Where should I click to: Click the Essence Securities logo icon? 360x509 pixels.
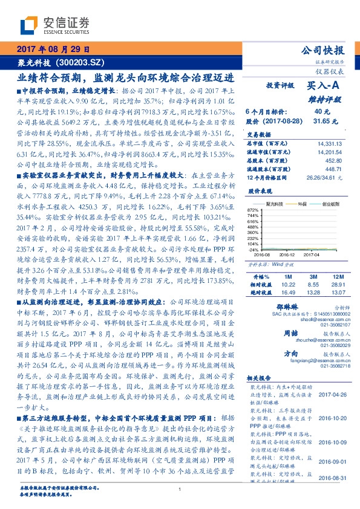(x=28, y=25)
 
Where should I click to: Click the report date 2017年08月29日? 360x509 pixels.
(x=53, y=50)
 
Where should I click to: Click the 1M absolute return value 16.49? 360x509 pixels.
(x=287, y=292)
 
